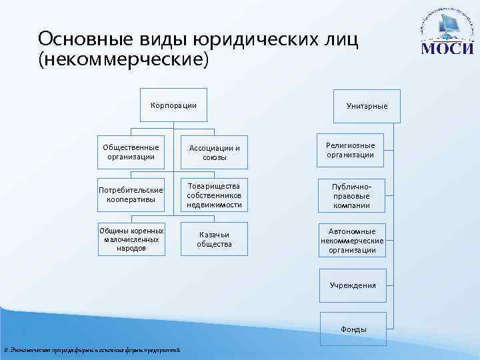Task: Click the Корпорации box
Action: pos(173,105)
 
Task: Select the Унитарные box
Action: pos(367,106)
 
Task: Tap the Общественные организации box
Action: pos(131,152)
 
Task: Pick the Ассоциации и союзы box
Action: pos(214,153)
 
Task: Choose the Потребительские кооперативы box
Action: pos(131,195)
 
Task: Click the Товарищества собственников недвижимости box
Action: pos(214,194)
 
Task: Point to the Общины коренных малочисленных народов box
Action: pos(131,239)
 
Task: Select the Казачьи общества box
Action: pos(214,239)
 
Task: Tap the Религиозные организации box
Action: pos(351,150)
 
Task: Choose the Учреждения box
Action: pos(353,285)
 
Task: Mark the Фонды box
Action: pos(353,329)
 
